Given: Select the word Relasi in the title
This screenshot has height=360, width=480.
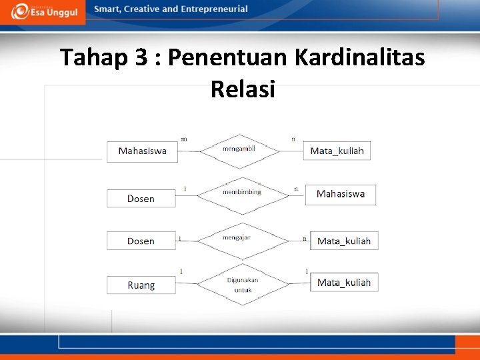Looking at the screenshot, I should point(243,89).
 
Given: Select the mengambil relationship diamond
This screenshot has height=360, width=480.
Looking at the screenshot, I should point(239,151).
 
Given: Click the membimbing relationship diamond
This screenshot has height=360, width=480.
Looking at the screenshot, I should point(242,195).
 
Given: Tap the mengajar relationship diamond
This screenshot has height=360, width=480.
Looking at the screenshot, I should point(242,240).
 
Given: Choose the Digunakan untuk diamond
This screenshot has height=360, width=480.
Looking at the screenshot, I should point(242,285).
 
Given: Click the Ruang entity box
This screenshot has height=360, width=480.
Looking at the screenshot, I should point(141,285).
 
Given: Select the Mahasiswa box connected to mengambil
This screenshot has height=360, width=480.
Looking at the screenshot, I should point(143,151).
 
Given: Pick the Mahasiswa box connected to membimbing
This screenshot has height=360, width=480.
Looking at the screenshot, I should point(341,195).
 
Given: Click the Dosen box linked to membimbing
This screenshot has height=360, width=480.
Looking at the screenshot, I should point(141,199).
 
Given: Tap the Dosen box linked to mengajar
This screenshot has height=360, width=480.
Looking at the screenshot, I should point(141,241).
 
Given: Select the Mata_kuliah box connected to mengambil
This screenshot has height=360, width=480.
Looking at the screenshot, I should point(337,151).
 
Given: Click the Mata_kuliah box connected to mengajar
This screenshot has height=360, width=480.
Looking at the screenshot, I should point(344,241).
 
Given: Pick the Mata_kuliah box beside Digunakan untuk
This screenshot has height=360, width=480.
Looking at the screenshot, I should point(344,283).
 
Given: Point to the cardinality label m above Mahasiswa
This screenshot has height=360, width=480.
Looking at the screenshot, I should point(184,139).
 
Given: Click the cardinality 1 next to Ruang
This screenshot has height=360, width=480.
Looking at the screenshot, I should point(181,271).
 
